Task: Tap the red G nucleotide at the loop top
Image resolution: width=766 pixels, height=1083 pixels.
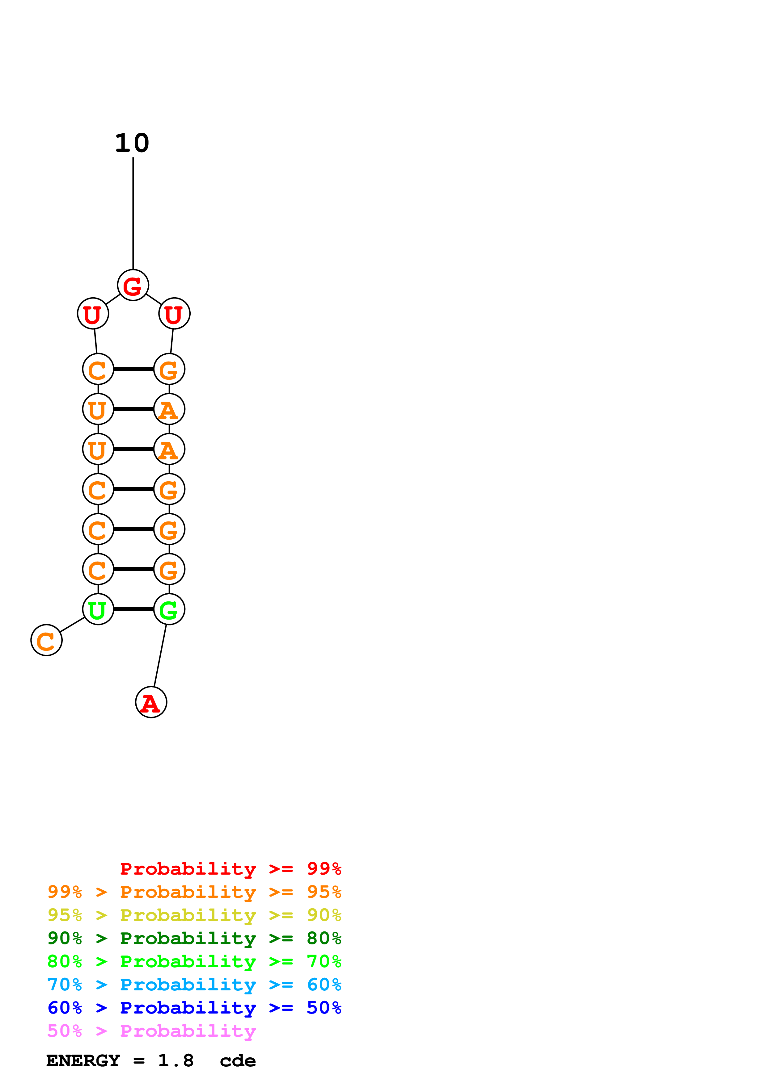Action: (x=133, y=285)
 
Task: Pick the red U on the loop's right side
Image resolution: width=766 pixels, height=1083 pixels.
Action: (x=174, y=314)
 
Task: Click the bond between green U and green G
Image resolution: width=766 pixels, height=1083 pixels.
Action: (x=133, y=609)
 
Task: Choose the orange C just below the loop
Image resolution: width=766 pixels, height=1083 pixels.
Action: (x=98, y=369)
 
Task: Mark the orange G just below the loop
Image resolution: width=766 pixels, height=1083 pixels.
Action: (x=169, y=369)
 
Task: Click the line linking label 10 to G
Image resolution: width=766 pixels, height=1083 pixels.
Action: (x=133, y=212)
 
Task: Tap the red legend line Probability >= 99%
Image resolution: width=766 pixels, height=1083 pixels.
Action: (x=230, y=869)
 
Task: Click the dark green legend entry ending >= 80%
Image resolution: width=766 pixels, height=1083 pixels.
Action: (x=194, y=938)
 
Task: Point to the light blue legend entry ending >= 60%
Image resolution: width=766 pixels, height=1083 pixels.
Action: (x=194, y=985)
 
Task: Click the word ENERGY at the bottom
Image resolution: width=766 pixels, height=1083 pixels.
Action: (x=83, y=1061)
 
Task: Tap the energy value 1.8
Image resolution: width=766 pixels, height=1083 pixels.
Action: (x=176, y=1061)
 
